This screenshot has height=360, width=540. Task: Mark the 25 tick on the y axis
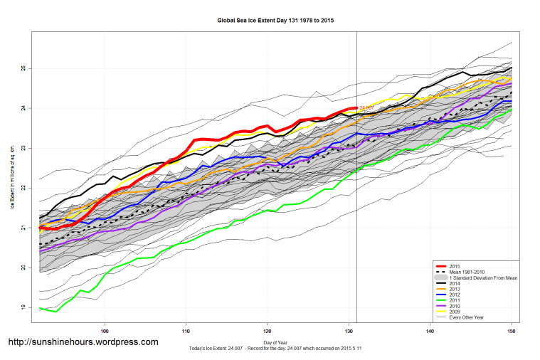pos(22,68)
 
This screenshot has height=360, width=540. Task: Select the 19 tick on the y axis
pos(22,307)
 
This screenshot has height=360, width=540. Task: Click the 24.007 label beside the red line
pos(367,107)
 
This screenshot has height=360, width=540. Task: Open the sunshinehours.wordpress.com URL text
pos(83,342)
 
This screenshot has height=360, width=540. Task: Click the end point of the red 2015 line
pos(356,108)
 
